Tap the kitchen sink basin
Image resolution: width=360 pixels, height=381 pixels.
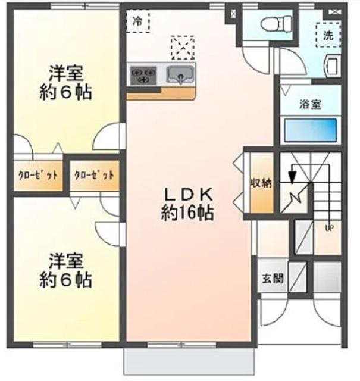click(x=181, y=76)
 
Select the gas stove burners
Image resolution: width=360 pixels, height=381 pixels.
click(x=143, y=76)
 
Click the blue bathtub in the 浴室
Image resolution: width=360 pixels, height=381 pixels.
click(x=311, y=128)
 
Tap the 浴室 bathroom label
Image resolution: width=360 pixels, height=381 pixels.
click(x=311, y=104)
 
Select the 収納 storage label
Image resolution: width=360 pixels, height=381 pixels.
click(x=261, y=183)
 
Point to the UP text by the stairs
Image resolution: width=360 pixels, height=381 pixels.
click(x=328, y=227)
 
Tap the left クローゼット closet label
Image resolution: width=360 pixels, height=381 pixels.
click(x=37, y=175)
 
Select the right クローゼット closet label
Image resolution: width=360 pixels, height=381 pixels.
click(x=94, y=176)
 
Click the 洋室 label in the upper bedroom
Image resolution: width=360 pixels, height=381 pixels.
click(x=65, y=74)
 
